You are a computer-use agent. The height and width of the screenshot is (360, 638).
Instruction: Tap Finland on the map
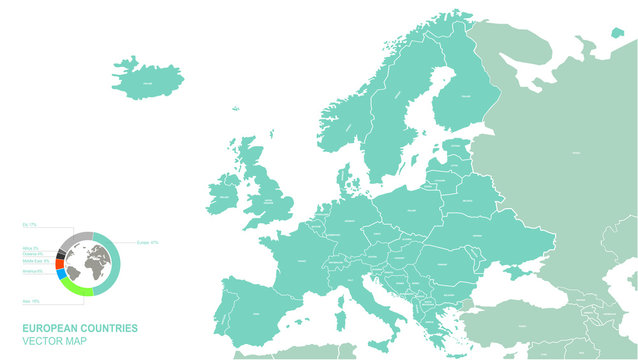pyautogui.click(x=455, y=95)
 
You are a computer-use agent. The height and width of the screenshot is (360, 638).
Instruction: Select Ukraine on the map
pyautogui.click(x=480, y=235)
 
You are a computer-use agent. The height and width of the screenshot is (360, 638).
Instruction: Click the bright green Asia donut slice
pyautogui.click(x=77, y=289)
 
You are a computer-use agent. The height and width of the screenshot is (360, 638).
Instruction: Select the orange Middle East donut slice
pyautogui.click(x=58, y=262)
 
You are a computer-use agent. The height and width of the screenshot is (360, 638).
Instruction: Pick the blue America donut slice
pyautogui.click(x=61, y=274)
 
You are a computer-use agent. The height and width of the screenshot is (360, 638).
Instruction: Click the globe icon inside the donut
pyautogui.click(x=88, y=263)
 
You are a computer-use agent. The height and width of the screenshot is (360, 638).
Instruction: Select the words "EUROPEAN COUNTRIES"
pyautogui.click(x=79, y=328)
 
